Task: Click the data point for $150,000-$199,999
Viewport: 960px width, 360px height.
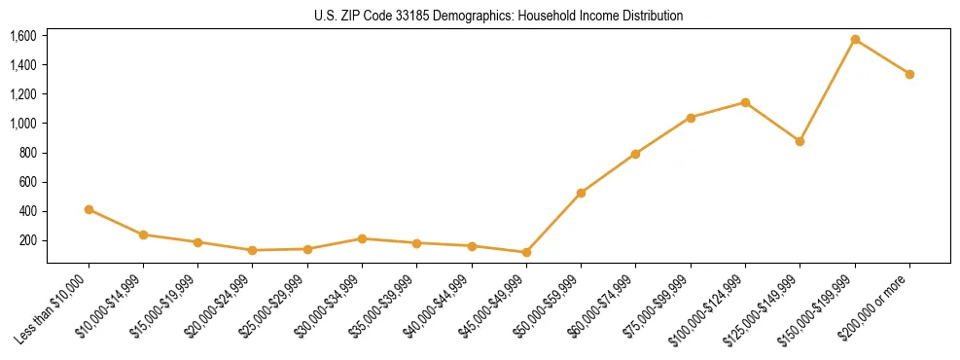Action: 855,40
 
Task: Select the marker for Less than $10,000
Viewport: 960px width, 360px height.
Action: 89,209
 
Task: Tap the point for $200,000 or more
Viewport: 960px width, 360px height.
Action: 909,74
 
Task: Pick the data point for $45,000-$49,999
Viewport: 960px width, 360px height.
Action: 526,252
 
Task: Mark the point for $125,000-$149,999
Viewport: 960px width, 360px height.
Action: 800,141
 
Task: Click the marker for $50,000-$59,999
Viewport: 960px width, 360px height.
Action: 581,193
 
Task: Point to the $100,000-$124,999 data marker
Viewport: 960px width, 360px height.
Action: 745,102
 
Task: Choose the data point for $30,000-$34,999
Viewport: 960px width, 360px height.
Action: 362,238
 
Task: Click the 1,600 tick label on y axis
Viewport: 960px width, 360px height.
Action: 22,36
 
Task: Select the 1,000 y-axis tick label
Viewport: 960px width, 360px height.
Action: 22,124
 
